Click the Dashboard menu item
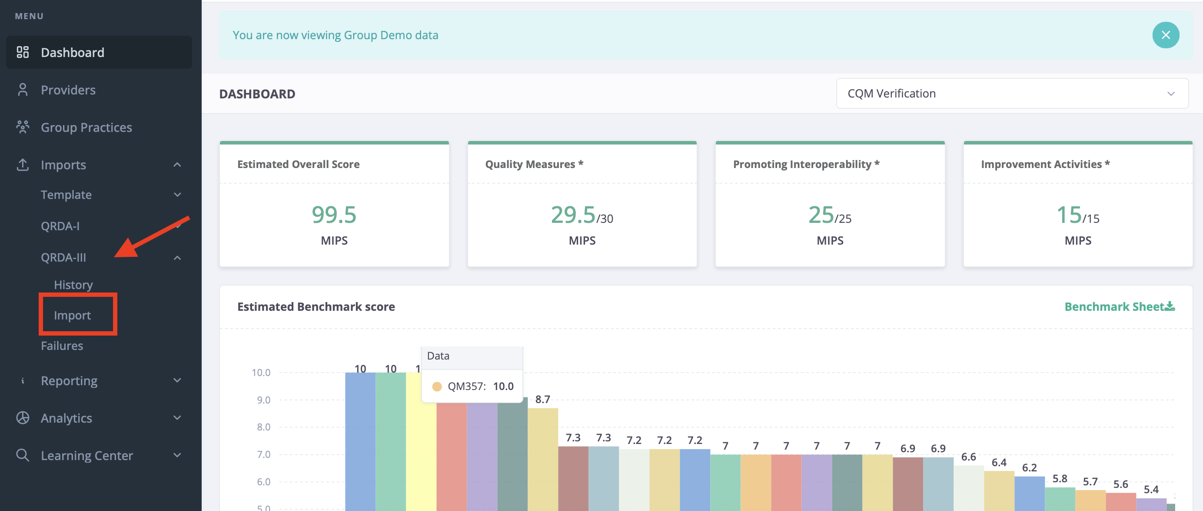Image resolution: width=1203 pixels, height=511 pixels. point(73,52)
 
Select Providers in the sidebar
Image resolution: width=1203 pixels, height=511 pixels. point(68,90)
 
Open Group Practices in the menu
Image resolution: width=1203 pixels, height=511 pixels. point(86,127)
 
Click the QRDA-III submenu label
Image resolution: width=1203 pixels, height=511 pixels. point(63,258)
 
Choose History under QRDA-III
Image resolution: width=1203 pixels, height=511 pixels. point(73,285)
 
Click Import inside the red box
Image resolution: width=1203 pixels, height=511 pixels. point(73,316)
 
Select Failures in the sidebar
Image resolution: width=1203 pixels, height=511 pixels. point(62,346)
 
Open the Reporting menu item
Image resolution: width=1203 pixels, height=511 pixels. point(69,380)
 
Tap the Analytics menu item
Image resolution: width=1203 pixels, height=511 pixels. point(66,418)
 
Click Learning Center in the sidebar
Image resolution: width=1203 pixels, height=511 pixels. point(87,455)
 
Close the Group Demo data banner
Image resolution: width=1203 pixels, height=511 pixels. point(1166,35)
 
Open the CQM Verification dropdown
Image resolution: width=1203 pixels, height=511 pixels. point(1012,94)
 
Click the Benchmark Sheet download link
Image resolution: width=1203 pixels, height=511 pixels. point(1120,307)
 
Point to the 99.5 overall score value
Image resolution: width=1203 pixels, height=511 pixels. point(334,215)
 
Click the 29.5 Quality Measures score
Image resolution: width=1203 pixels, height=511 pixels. point(573,215)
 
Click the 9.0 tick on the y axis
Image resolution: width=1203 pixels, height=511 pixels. point(263,400)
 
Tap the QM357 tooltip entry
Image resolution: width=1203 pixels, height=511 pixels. point(472,386)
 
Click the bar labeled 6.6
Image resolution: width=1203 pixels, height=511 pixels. point(969,488)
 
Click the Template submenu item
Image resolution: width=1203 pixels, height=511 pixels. point(66,195)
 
